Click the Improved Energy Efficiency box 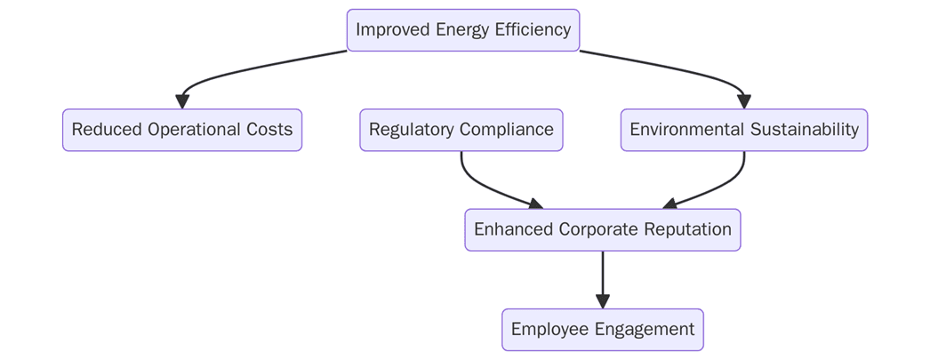[463, 30]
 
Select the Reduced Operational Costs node [182, 130]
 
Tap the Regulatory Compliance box [461, 130]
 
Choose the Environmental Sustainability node [744, 130]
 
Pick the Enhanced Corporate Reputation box [603, 230]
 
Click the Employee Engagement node [603, 330]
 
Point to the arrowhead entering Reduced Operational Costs [183, 101]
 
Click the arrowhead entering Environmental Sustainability [744, 101]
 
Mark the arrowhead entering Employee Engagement [603, 301]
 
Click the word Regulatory [410, 130]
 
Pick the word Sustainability [805, 130]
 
